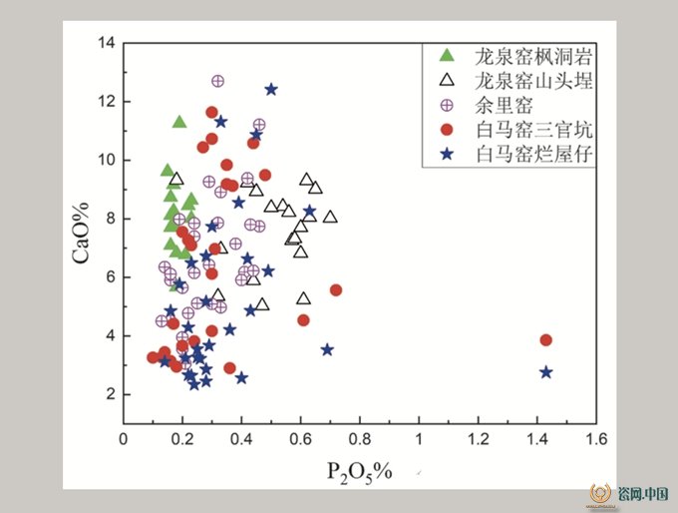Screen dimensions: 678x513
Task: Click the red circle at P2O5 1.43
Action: pos(545,339)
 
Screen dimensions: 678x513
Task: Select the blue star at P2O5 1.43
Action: pos(546,372)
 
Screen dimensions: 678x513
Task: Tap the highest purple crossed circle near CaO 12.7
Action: pos(218,81)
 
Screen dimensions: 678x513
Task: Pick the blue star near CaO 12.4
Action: pos(271,90)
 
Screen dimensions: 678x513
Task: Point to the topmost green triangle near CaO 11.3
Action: pos(179,123)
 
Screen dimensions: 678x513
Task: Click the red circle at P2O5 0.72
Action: pos(336,290)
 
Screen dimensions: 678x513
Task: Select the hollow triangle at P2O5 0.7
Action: pos(330,217)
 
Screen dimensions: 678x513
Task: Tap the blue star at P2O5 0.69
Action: pos(327,349)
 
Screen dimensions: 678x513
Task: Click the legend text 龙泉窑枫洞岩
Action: pos(533,56)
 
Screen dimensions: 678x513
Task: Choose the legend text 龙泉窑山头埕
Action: pos(533,81)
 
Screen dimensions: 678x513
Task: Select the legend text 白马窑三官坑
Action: pos(533,130)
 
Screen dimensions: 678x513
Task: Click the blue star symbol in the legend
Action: pos(447,154)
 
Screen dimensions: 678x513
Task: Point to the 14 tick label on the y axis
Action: pos(106,43)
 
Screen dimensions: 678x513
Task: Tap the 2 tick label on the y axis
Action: pos(111,394)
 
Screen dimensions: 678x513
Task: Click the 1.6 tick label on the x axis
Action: pos(596,439)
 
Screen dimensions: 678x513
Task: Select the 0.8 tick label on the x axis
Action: pos(360,439)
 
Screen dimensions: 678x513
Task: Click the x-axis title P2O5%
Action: pos(360,472)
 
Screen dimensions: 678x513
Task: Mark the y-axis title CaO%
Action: pos(81,233)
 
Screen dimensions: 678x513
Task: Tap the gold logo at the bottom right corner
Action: pos(600,494)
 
